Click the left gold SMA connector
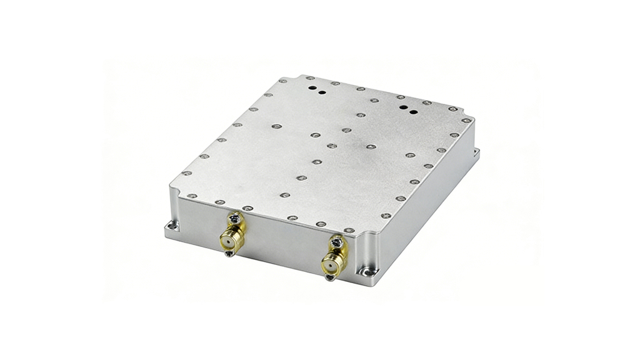coord(229,237)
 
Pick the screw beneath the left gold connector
coord(230,252)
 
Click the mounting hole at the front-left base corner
coord(172,226)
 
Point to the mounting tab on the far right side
coord(476,152)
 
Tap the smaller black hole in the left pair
coord(321,93)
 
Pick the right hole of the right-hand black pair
coord(412,111)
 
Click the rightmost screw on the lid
coord(466,121)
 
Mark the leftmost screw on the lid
coord(186,173)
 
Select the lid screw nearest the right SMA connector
coord(349,230)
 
